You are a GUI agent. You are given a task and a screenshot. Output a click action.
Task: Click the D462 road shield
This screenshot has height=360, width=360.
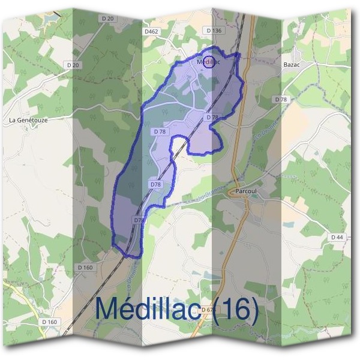(x=150, y=30)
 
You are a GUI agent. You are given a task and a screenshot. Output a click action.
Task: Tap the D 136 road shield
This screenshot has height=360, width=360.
(x=213, y=30)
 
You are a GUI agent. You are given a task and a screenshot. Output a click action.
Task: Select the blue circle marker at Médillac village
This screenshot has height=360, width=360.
(x=209, y=61)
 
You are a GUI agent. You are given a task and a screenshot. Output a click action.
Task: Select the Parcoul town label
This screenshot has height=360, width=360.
(x=246, y=190)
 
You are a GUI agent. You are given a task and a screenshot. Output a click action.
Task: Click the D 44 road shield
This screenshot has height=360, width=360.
(x=337, y=238)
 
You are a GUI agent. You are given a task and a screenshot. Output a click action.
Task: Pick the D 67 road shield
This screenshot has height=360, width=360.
(x=207, y=310)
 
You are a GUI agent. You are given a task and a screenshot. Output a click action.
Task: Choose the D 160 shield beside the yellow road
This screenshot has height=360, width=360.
(x=50, y=322)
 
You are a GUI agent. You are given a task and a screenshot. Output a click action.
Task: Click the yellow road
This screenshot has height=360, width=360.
(x=24, y=300)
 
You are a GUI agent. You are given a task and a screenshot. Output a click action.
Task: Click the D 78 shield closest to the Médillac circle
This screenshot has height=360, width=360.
(x=212, y=118)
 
